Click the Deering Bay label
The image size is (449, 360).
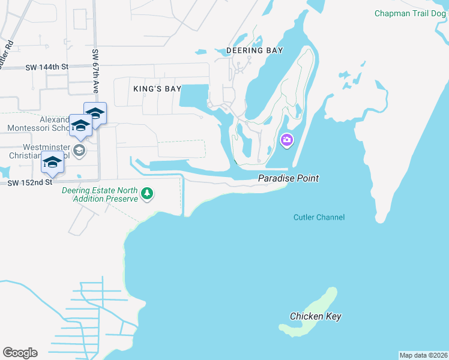[x=255, y=50]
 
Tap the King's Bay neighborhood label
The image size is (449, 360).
[x=157, y=89]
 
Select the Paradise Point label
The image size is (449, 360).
[x=288, y=178]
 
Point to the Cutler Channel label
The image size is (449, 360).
[x=319, y=217]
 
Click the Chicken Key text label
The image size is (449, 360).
[x=316, y=316]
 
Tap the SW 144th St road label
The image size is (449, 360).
[x=47, y=67]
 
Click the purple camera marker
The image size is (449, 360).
[x=287, y=140]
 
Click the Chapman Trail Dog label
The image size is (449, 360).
[x=411, y=13]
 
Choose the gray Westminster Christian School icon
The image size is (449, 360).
[x=79, y=149]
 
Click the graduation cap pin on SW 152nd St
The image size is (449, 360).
[x=52, y=163]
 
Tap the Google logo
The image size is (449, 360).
[x=20, y=353]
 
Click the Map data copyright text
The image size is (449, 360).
[x=424, y=355]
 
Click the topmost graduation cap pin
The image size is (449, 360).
[x=95, y=112]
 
